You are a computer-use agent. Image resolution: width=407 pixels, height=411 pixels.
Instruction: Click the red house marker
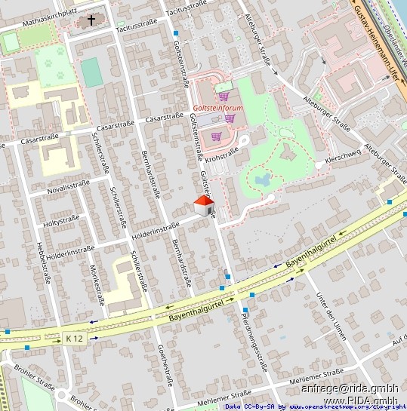point(203,205)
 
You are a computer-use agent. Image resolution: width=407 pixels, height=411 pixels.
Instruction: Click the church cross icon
point(92,20)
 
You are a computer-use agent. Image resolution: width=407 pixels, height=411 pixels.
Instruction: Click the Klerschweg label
point(343,161)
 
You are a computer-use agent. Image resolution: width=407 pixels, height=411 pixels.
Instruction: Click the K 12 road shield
point(72,336)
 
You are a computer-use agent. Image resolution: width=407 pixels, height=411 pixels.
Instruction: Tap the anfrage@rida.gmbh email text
point(349,389)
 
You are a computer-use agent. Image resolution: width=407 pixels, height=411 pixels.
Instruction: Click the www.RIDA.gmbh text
point(360,400)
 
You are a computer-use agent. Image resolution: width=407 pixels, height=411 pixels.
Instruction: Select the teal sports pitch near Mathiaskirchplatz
point(92,72)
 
